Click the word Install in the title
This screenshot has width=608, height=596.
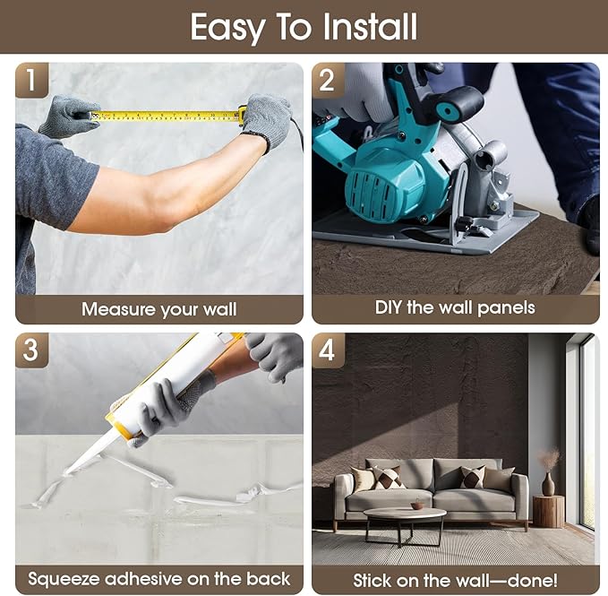(x=370, y=27)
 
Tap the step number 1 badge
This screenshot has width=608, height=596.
(x=32, y=80)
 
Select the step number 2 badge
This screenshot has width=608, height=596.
(x=328, y=81)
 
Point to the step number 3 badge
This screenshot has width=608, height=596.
(x=32, y=350)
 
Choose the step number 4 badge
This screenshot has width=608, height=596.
(x=328, y=350)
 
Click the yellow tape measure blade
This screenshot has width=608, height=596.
(x=166, y=116)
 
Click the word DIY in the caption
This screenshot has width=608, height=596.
(x=389, y=307)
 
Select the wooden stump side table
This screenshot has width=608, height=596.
(x=548, y=511)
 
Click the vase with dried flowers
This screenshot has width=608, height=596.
(x=548, y=471)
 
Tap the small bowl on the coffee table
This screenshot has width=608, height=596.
(x=417, y=505)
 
